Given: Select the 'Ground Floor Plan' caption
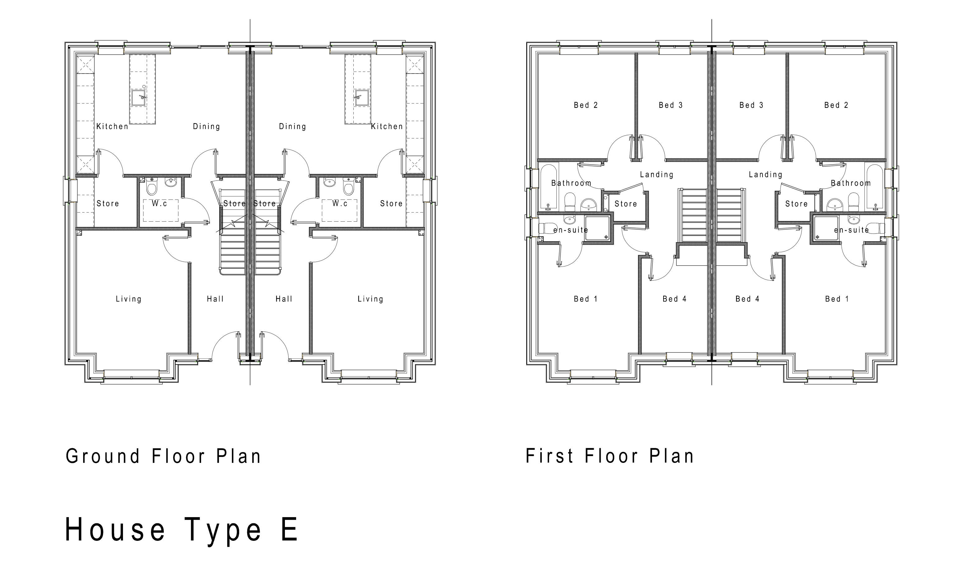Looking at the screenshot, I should pyautogui.click(x=163, y=456).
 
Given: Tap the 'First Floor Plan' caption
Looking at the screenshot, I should pyautogui.click(x=610, y=456).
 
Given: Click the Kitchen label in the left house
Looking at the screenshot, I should pyautogui.click(x=112, y=127).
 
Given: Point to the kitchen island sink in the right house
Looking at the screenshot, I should pyautogui.click(x=361, y=98).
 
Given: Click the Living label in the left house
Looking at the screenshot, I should pyautogui.click(x=128, y=299).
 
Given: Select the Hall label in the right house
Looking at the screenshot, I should pyautogui.click(x=284, y=299).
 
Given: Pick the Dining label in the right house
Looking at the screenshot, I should pyautogui.click(x=292, y=127).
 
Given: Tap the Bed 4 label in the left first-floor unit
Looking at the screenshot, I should pyautogui.click(x=674, y=299).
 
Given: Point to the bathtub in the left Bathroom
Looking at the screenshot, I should pyautogui.click(x=549, y=186).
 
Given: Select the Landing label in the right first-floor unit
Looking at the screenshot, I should pyautogui.click(x=765, y=175).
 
